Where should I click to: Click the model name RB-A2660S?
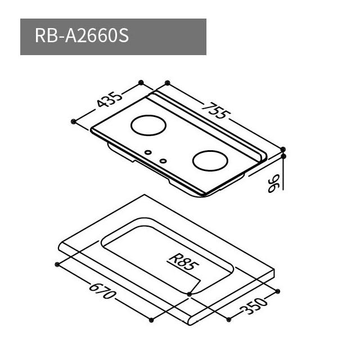click(82, 36)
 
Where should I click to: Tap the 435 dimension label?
click(109, 100)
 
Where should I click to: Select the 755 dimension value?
click(216, 111)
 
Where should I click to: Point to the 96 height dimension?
click(273, 183)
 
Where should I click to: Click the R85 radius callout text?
click(184, 262)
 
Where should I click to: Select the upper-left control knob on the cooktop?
click(148, 152)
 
